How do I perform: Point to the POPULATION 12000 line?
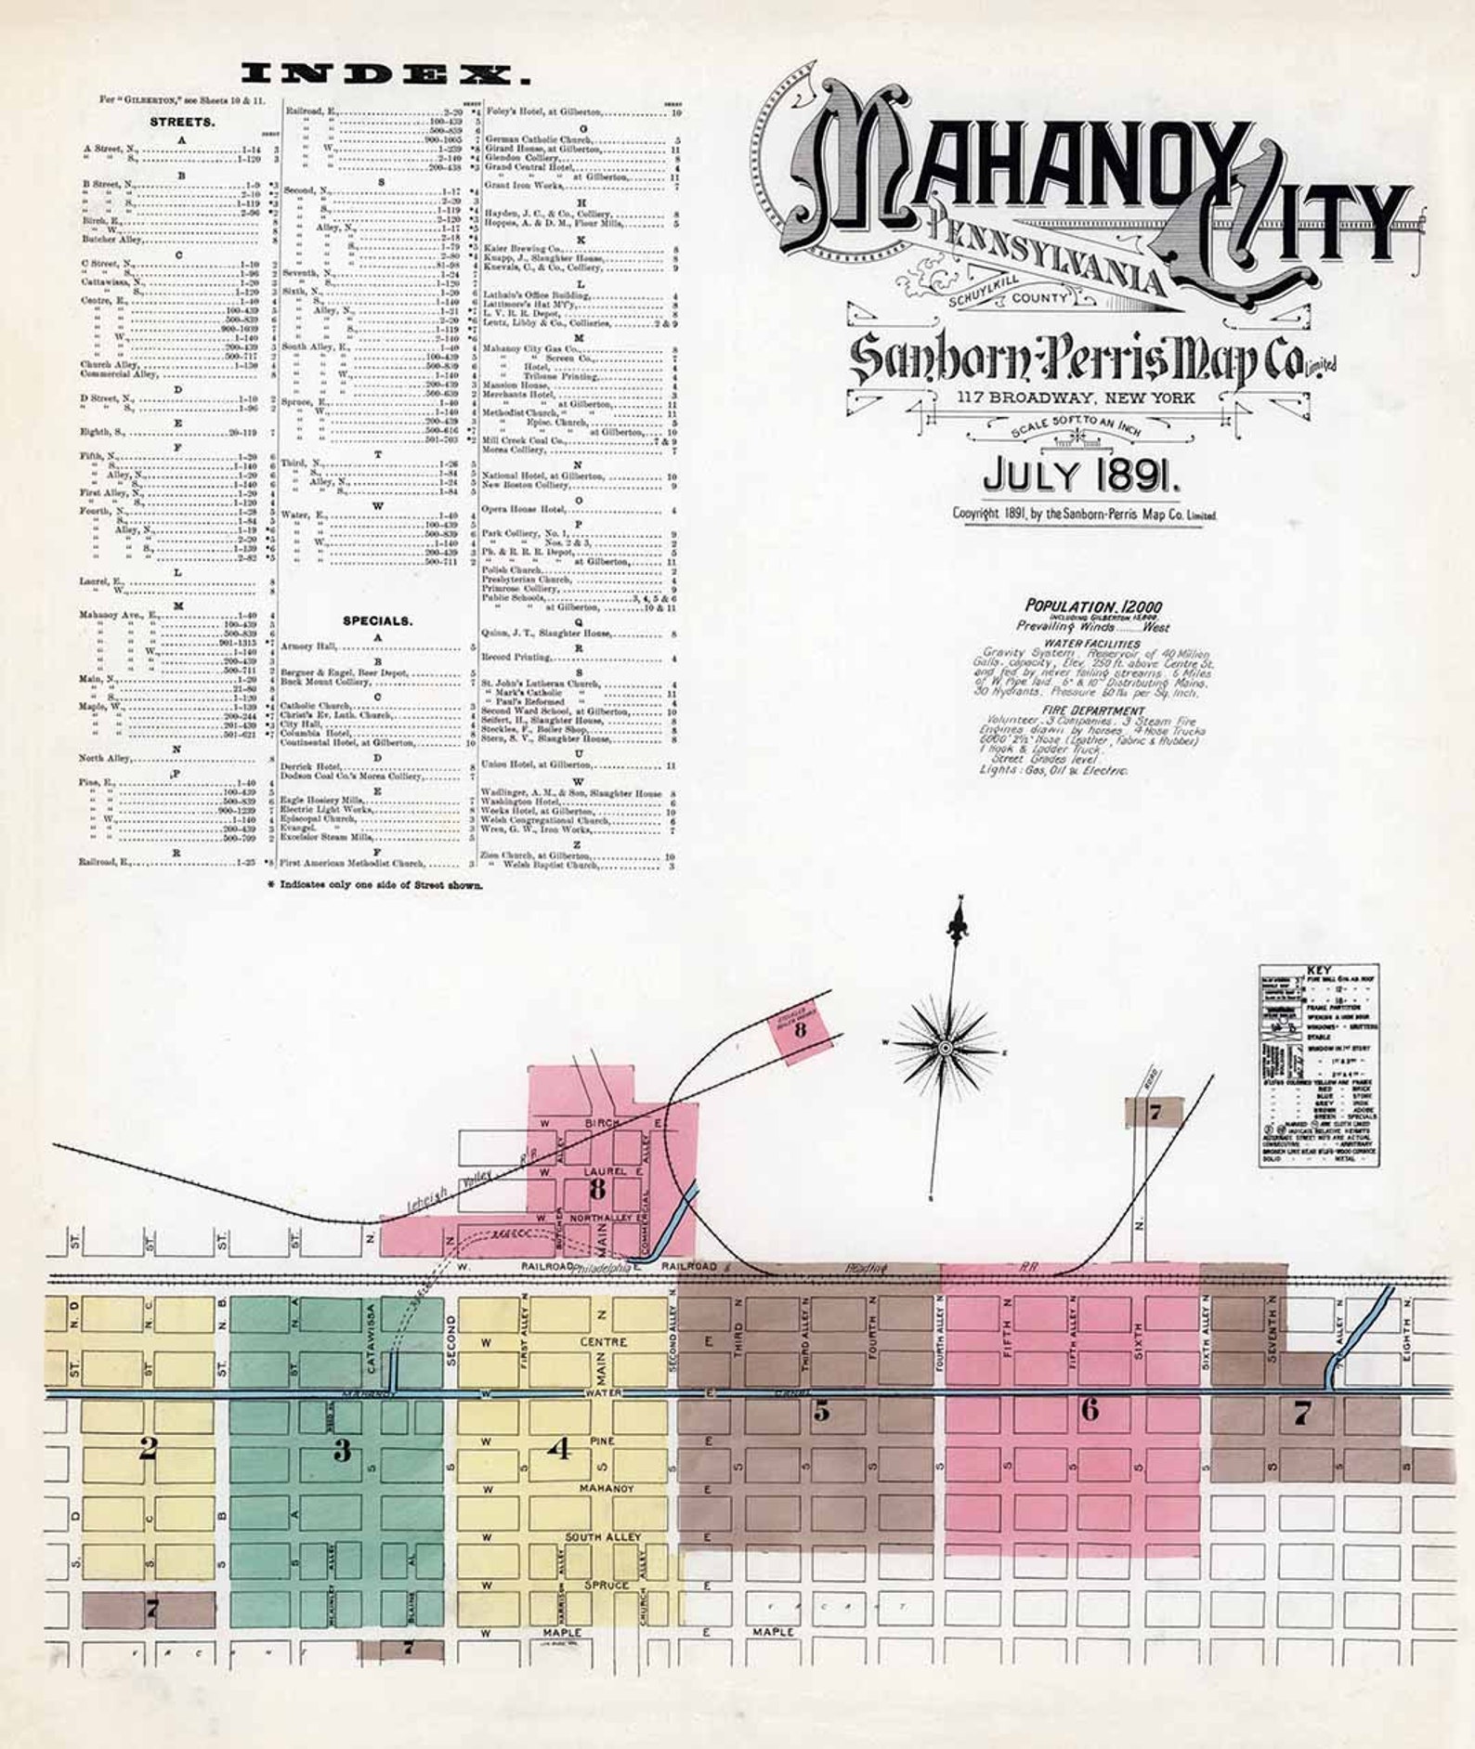(1092, 607)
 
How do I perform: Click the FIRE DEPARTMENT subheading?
(1093, 711)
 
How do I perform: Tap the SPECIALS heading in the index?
(377, 620)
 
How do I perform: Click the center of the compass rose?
(945, 1048)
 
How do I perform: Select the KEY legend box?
(1318, 1064)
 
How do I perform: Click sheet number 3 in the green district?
(342, 1450)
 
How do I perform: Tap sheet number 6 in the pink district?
(1089, 1410)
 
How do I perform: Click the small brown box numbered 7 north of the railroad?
(1154, 1112)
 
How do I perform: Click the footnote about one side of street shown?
(375, 885)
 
